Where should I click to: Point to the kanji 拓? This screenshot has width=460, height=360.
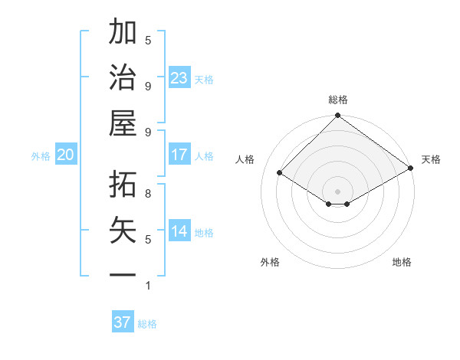[x=123, y=184]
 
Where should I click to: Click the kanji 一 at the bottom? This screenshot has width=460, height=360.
[x=123, y=274]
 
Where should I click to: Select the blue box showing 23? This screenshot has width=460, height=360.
[x=179, y=78]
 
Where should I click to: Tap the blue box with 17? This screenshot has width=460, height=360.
[x=179, y=155]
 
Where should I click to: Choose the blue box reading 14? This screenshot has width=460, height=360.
[x=179, y=231]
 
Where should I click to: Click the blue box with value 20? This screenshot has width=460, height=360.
[x=65, y=155]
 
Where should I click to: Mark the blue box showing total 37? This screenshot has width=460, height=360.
[x=123, y=322]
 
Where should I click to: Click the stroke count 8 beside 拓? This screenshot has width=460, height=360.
[x=148, y=193]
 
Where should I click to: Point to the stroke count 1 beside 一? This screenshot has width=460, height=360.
[x=148, y=286]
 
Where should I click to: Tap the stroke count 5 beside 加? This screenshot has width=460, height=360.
[x=148, y=41]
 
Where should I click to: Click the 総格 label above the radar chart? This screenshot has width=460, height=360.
[x=338, y=100]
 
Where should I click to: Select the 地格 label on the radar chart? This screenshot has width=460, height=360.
[x=402, y=262]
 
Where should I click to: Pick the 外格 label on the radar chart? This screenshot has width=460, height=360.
[x=270, y=262]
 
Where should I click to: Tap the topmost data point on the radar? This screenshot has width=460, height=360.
[x=337, y=116]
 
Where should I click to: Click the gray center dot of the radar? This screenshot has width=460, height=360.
[x=337, y=191]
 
